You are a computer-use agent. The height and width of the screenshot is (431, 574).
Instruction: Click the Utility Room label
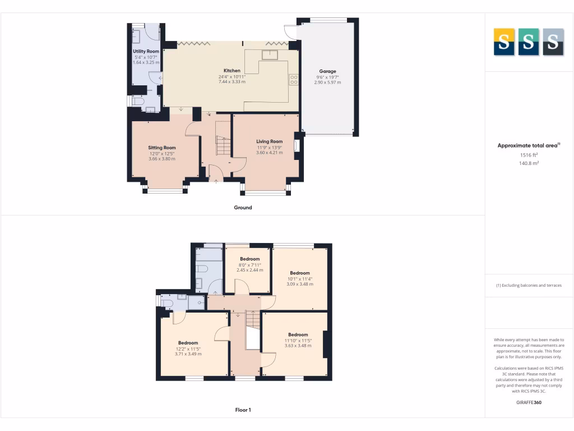(146, 51)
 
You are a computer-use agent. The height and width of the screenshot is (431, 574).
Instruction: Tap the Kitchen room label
(232, 71)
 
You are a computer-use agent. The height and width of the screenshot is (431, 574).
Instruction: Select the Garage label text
(327, 71)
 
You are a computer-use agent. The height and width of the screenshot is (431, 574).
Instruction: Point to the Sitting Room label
(161, 148)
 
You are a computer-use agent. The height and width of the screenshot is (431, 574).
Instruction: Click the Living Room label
(270, 141)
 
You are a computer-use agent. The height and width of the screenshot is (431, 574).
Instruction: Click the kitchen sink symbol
(270, 54)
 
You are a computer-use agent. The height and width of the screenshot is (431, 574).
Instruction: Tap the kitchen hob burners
(293, 80)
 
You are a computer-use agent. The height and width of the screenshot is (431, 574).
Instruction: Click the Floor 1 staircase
(253, 321)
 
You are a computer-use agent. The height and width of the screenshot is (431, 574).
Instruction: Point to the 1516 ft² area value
(529, 155)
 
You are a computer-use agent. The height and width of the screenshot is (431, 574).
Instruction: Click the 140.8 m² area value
(529, 163)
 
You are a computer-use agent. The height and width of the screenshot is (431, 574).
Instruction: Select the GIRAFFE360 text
(529, 402)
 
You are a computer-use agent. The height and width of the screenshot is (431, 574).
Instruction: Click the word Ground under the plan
(243, 208)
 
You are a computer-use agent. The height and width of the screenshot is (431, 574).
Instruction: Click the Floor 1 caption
(243, 410)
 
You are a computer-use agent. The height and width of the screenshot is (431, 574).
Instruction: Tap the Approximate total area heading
(529, 145)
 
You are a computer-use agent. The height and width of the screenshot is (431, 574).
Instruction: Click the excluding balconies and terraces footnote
(529, 285)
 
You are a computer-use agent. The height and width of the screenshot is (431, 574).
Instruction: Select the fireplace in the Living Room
(296, 146)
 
